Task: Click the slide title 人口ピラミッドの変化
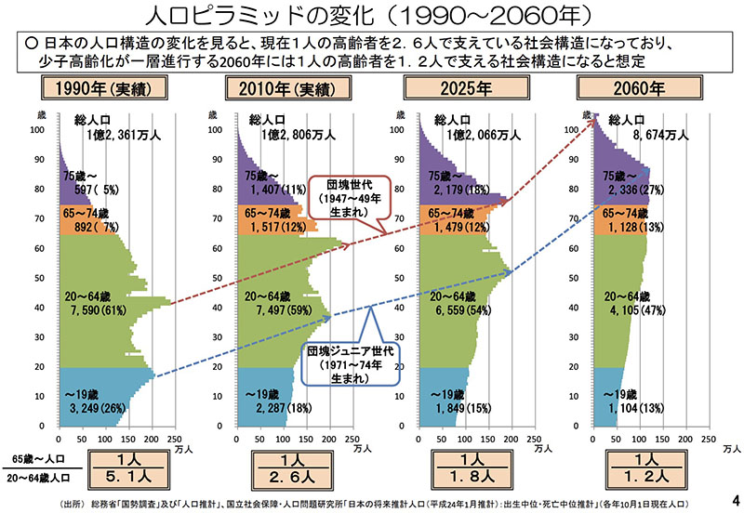click(371, 15)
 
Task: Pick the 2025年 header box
click(461, 90)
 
